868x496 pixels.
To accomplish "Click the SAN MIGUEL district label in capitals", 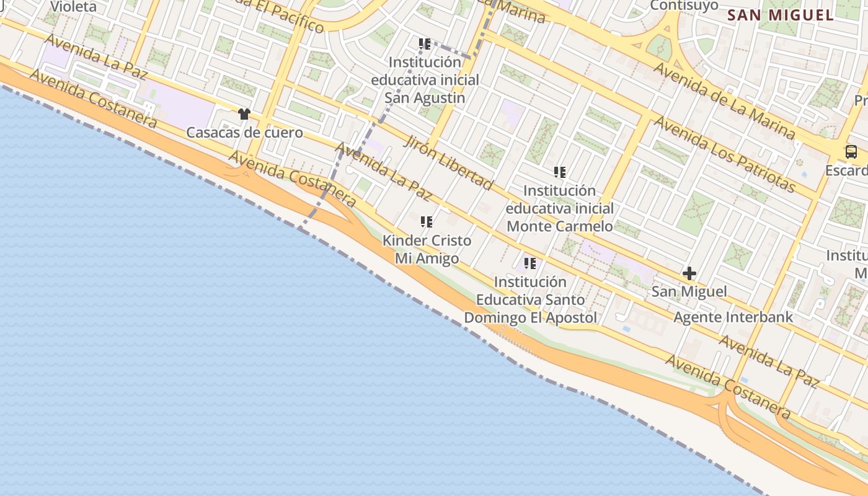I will tap(780, 15).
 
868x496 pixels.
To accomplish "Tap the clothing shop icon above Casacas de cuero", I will tap(244, 114).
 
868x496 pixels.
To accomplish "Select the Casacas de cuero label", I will tap(244, 133).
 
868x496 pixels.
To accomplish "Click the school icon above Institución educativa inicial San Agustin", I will tap(425, 44).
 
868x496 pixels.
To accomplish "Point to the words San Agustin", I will tap(425, 98).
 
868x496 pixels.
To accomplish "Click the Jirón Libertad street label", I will tap(449, 162).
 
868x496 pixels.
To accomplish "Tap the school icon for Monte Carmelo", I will tap(560, 172).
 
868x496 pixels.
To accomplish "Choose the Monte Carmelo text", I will tap(560, 226).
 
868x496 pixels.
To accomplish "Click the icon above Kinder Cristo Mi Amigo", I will tap(427, 221).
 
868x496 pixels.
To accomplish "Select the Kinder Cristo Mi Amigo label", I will tap(427, 249).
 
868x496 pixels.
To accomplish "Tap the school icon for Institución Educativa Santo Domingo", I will tap(530, 263).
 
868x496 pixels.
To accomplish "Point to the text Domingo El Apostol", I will tap(530, 318).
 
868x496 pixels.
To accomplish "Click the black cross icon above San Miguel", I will tap(689, 273).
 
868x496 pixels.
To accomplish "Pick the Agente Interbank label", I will tap(733, 317).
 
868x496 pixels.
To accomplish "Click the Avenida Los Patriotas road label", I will tap(724, 153).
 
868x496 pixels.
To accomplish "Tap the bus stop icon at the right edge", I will tap(851, 152).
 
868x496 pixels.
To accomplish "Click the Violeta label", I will tap(73, 7).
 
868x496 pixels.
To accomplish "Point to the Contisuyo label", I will tap(684, 6).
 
